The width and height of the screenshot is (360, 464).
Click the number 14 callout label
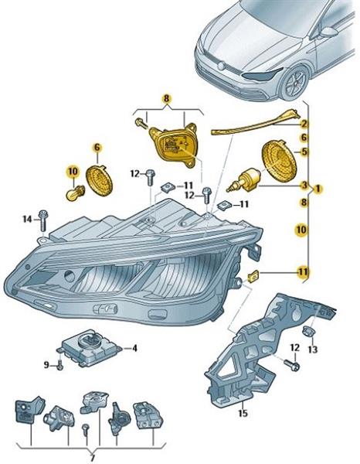point(28,220)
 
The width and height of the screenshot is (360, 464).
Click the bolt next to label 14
point(43,220)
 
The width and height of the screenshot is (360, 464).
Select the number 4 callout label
point(134,348)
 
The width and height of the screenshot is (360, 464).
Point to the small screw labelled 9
point(60,366)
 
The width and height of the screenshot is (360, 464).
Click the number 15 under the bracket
point(243,413)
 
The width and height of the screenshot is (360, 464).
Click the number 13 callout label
point(313,350)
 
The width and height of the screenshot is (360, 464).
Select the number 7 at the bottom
point(93,459)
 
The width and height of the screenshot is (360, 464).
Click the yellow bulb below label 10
point(74,193)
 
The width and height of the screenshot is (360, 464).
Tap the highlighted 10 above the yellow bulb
point(73,172)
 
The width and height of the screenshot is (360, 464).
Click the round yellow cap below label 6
point(100,180)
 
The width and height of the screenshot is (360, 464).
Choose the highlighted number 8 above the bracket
point(166,99)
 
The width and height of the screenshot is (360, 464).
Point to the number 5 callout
point(304,152)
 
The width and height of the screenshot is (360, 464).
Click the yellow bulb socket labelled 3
point(243,180)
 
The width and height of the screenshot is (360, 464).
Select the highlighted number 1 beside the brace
point(318,188)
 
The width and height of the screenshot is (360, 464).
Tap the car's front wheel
point(295,82)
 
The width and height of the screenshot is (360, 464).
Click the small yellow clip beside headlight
point(253,276)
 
